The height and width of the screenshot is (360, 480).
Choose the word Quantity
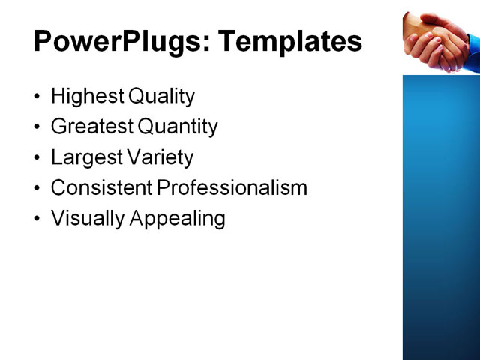pyautogui.click(x=178, y=127)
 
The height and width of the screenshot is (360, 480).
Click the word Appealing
pyautogui.click(x=178, y=218)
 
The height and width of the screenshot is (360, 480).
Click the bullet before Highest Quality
pyautogui.click(x=38, y=97)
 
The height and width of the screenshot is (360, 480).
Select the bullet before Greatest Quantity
pyautogui.click(x=38, y=127)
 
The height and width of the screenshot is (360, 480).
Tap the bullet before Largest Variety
pyautogui.click(x=38, y=158)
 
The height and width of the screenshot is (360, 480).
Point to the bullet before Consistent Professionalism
pyautogui.click(x=38, y=188)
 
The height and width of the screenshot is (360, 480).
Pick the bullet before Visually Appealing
pyautogui.click(x=38, y=219)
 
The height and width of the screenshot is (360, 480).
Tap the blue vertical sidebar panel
pyautogui.click(x=441, y=217)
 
